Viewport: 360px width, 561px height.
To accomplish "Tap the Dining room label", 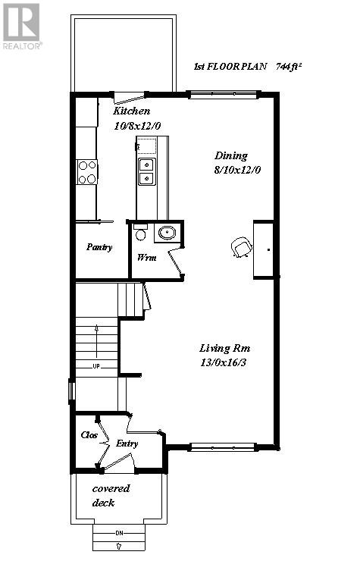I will (231, 155).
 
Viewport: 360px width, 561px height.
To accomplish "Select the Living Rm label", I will (225, 348).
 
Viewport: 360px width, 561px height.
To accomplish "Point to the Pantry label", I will (99, 247).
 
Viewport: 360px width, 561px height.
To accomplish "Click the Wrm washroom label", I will (146, 258).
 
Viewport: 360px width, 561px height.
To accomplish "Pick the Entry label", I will (127, 443).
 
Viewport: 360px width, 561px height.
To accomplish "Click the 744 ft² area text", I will (291, 67).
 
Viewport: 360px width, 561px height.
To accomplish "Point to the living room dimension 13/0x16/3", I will (225, 363).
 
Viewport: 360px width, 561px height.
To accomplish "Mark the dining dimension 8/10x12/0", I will (236, 171).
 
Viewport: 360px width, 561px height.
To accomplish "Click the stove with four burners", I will (87, 172).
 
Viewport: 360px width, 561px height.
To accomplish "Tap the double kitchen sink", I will (146, 171).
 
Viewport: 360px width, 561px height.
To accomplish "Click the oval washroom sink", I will (168, 233).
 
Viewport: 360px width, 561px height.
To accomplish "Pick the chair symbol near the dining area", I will (241, 247).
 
